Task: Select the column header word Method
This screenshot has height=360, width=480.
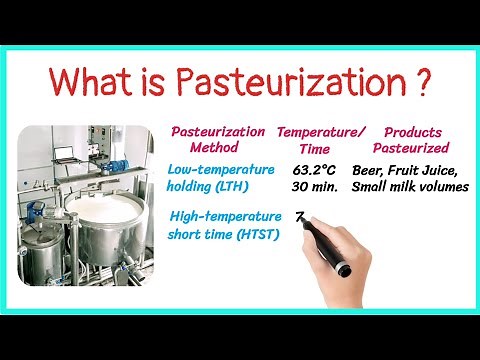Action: click(x=216, y=147)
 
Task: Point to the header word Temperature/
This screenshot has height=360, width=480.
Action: click(x=320, y=133)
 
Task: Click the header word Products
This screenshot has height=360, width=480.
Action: click(x=414, y=133)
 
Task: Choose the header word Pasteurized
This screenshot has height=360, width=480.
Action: click(x=414, y=147)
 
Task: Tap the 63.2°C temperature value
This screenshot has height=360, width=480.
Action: click(x=315, y=171)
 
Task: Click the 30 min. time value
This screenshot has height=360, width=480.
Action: click(x=315, y=187)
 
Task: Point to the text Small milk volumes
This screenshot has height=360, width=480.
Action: click(x=411, y=187)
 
